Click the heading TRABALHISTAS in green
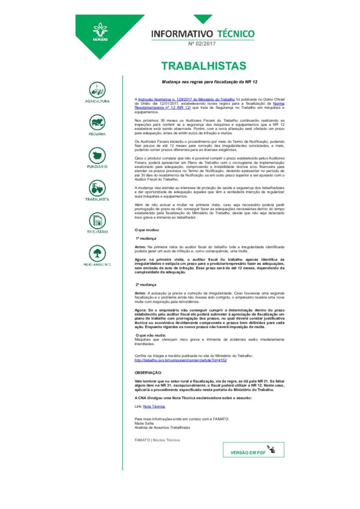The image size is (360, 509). click(x=204, y=66)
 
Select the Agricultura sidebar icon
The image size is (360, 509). click(x=97, y=90)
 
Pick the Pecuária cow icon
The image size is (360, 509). click(x=97, y=122)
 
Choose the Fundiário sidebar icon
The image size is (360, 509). click(x=97, y=155)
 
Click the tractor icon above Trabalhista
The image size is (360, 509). click(x=97, y=187)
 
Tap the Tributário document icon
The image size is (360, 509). click(x=97, y=220)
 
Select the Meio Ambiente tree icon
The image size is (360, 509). click(x=97, y=253)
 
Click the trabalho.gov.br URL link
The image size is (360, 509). click(x=180, y=360)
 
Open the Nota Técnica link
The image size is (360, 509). click(x=154, y=406)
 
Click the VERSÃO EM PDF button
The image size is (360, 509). click(x=253, y=450)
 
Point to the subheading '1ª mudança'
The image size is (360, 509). click(x=146, y=238)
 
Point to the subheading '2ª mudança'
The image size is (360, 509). click(x=146, y=284)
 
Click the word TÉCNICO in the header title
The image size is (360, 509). click(x=235, y=34)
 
